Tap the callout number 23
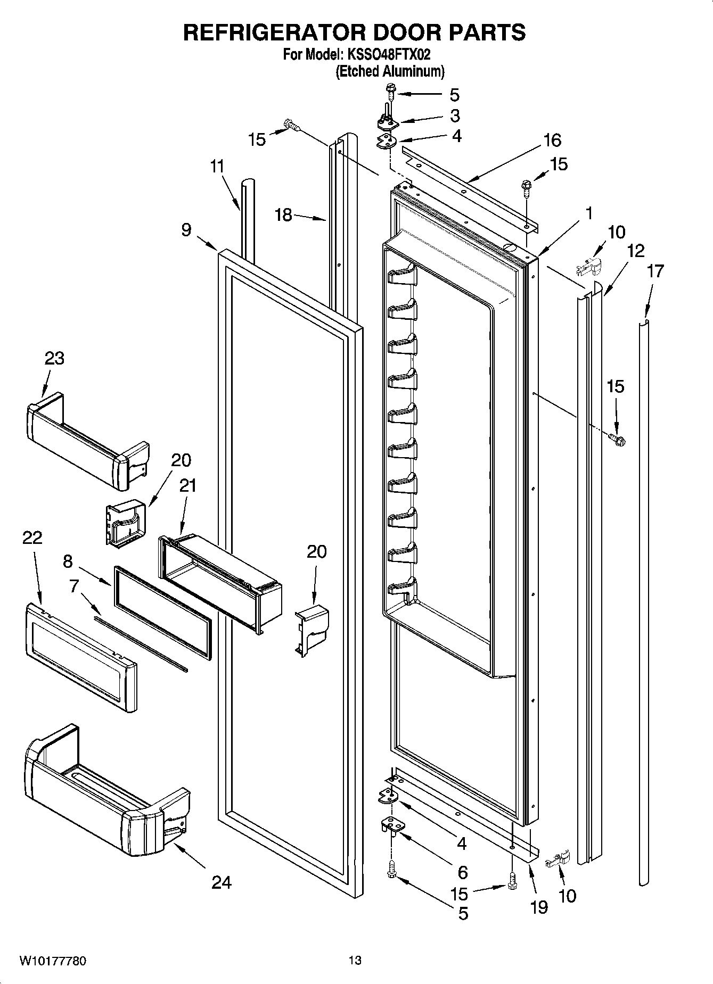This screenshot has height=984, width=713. click(x=54, y=359)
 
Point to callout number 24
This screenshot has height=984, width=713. click(x=222, y=882)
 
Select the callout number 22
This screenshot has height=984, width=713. click(x=32, y=538)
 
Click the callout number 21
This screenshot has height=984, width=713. click(x=187, y=485)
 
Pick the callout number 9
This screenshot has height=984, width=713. click(x=186, y=230)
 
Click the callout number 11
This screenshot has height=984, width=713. click(x=217, y=167)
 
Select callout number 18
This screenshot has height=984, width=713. click(x=283, y=215)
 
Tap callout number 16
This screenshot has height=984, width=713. click(x=552, y=140)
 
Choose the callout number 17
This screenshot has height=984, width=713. click(x=655, y=271)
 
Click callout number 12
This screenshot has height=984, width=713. click(x=635, y=251)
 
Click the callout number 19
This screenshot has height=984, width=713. click(x=539, y=907)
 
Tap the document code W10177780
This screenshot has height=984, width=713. click(x=53, y=961)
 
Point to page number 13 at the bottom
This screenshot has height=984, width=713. click(x=355, y=961)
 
